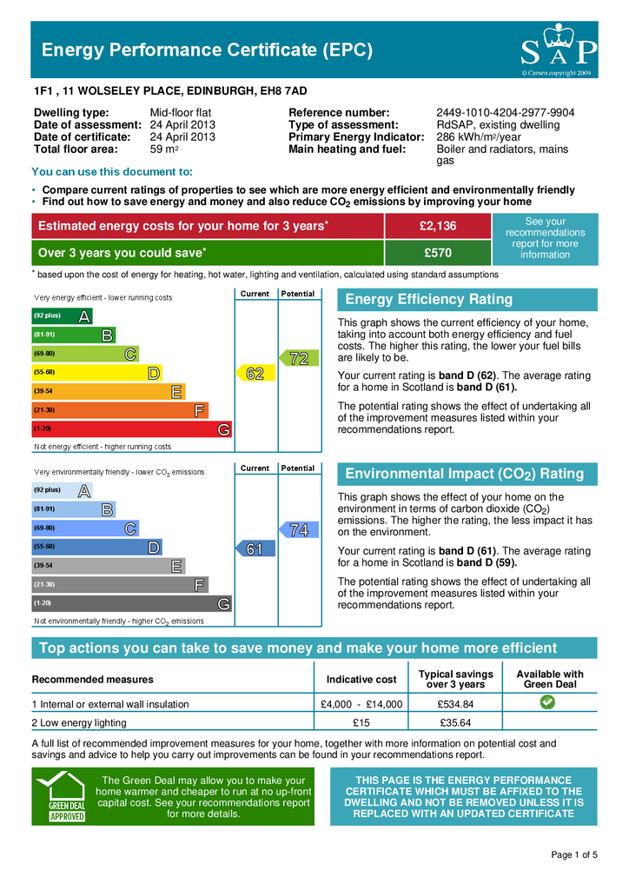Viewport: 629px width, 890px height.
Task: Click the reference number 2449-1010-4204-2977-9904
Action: pyautogui.click(x=505, y=113)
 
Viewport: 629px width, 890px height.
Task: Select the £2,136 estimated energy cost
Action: pyautogui.click(x=437, y=226)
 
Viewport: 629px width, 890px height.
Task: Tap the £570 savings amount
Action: pyautogui.click(x=437, y=253)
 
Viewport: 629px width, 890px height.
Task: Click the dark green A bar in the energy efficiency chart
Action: pyautogui.click(x=62, y=316)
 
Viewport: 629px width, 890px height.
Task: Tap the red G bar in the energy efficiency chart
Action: pyautogui.click(x=131, y=429)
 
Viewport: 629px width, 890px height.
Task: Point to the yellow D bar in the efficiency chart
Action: pyautogui.click(x=96, y=373)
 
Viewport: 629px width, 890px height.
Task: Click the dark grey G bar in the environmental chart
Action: pyautogui.click(x=131, y=603)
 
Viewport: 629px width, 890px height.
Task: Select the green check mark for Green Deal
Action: pyautogui.click(x=549, y=702)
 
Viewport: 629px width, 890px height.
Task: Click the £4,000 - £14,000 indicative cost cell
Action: pyautogui.click(x=361, y=704)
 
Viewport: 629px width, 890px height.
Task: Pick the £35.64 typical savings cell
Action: pyautogui.click(x=455, y=723)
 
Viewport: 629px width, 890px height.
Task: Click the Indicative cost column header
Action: pyautogui.click(x=361, y=679)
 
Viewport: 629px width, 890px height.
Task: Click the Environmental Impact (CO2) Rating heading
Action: pyautogui.click(x=465, y=474)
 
